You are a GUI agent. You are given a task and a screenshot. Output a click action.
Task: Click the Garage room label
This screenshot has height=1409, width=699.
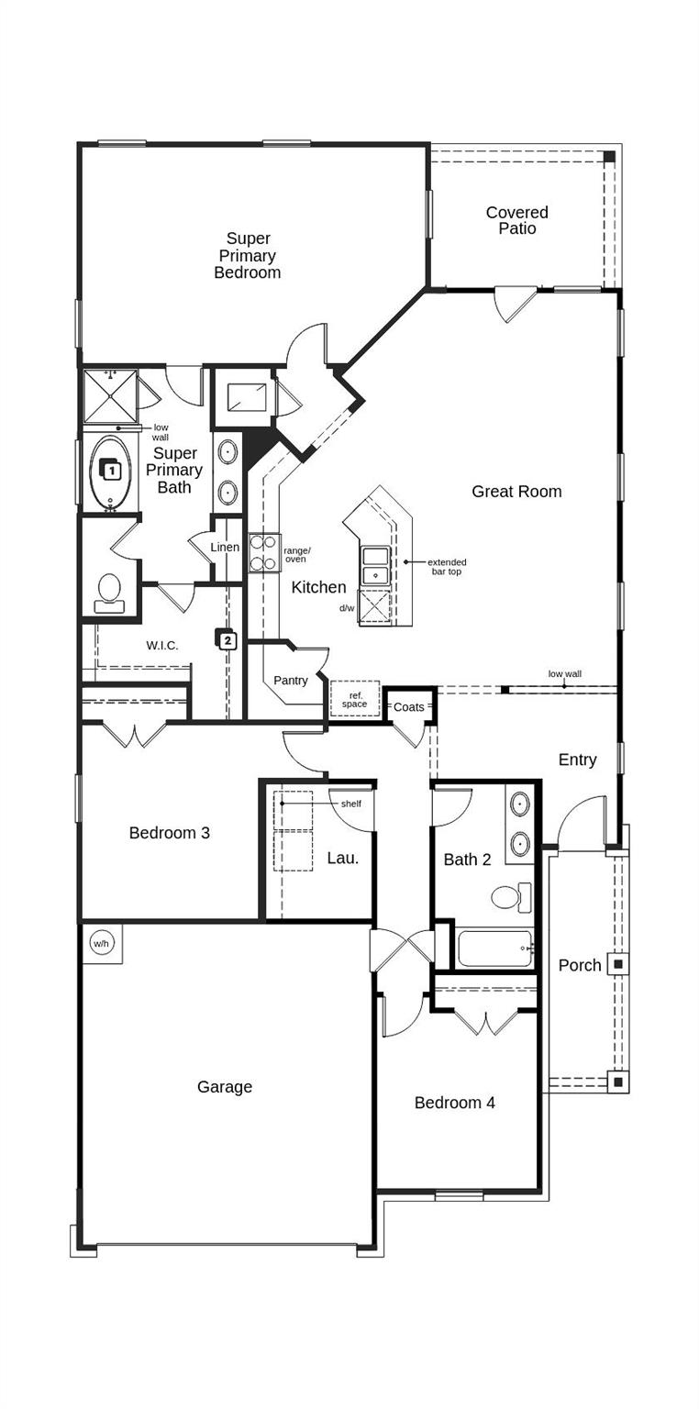click(x=224, y=1087)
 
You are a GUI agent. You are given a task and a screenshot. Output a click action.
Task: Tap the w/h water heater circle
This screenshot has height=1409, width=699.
click(x=101, y=943)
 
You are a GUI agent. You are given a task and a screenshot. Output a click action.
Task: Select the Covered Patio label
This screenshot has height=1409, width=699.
click(x=516, y=220)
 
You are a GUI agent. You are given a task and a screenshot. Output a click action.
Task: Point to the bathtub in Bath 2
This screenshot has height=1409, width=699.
click(x=494, y=948)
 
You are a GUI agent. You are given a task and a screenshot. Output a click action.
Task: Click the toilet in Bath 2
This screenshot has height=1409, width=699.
click(x=509, y=896)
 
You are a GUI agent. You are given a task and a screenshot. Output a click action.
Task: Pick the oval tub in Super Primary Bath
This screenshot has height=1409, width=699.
click(x=110, y=472)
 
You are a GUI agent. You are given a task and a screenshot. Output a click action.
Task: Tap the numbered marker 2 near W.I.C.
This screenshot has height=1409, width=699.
click(x=227, y=639)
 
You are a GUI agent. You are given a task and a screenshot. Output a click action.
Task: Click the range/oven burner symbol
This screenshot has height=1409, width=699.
click(x=264, y=553)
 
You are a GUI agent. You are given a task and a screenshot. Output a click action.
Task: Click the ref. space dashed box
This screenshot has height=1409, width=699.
click(x=355, y=699)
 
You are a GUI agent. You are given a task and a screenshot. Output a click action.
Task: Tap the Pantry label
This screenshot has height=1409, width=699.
click(x=290, y=681)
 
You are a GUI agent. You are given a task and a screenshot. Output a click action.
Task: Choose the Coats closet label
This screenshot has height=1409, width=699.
click(x=408, y=707)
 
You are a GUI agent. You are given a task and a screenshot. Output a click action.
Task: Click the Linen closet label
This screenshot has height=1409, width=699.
click(x=225, y=548)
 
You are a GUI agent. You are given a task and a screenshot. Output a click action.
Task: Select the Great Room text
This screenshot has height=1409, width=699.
click(x=516, y=492)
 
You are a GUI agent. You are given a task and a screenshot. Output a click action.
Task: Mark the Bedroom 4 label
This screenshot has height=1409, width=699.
click(x=454, y=1103)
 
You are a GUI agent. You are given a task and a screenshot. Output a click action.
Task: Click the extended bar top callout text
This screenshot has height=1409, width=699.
click(x=447, y=567)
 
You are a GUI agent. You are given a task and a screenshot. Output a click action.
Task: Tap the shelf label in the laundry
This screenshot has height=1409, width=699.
click(x=350, y=804)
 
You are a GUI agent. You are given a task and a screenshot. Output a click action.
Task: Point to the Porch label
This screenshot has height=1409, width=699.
click(x=580, y=965)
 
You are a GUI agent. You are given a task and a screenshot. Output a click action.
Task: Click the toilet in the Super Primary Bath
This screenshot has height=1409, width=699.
click(x=109, y=592)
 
